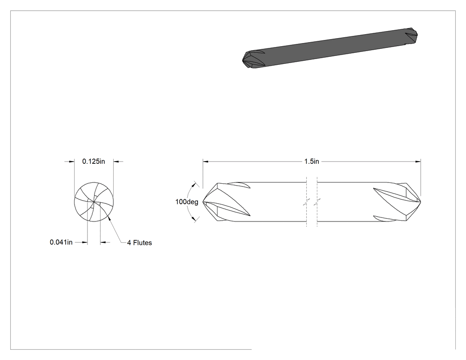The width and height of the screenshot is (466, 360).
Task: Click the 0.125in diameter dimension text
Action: [94, 162]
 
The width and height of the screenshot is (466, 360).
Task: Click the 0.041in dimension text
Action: [61, 242]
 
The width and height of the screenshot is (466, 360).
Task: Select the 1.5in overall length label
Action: [312, 162]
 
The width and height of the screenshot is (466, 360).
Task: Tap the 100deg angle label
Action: [187, 202]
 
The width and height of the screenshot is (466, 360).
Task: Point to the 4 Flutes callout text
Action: [139, 243]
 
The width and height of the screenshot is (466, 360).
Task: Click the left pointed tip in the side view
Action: [203, 202]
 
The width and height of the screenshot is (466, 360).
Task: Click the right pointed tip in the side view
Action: [421, 202]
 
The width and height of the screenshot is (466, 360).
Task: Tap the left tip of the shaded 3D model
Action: [243, 60]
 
